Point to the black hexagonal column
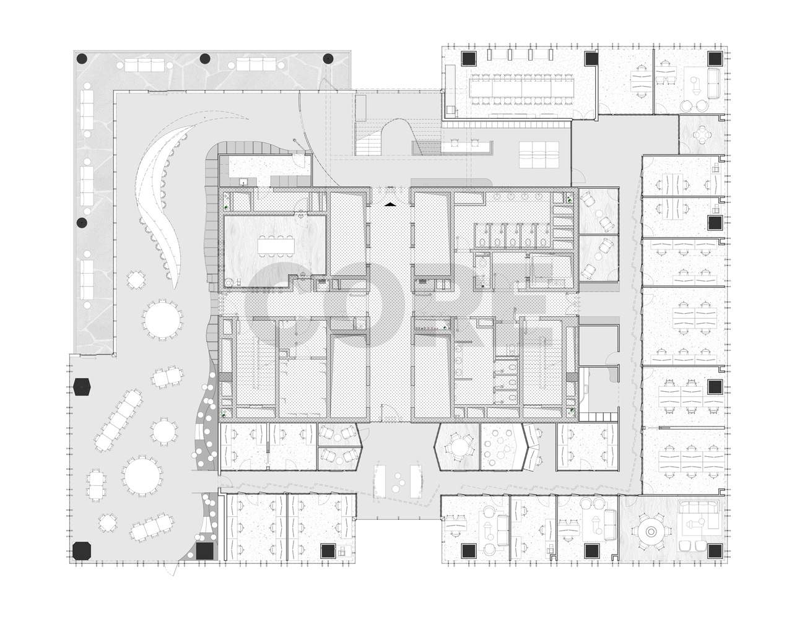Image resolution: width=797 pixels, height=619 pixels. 82,386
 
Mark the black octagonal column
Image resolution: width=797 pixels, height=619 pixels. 81,550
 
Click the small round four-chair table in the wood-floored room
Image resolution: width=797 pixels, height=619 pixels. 701,135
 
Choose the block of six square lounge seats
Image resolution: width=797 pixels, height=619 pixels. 539,155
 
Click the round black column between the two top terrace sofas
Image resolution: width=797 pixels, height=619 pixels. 204,58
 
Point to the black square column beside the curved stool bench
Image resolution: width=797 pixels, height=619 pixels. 204,551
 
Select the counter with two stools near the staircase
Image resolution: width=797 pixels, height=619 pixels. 465,147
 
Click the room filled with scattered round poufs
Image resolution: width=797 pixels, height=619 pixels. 501,447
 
